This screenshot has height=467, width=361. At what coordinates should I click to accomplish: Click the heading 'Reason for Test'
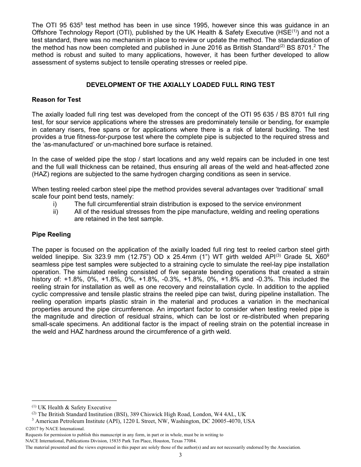point(56,100)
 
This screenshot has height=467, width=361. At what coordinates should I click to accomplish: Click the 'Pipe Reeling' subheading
point(51,234)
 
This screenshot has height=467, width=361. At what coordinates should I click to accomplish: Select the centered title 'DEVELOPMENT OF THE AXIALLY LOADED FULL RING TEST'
point(180,85)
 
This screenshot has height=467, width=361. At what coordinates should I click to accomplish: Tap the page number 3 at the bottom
point(180,455)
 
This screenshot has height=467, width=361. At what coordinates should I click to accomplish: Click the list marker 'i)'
point(55,204)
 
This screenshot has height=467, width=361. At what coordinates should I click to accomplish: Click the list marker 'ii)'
point(55,211)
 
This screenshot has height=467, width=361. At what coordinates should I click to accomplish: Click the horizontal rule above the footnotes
point(74,400)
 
